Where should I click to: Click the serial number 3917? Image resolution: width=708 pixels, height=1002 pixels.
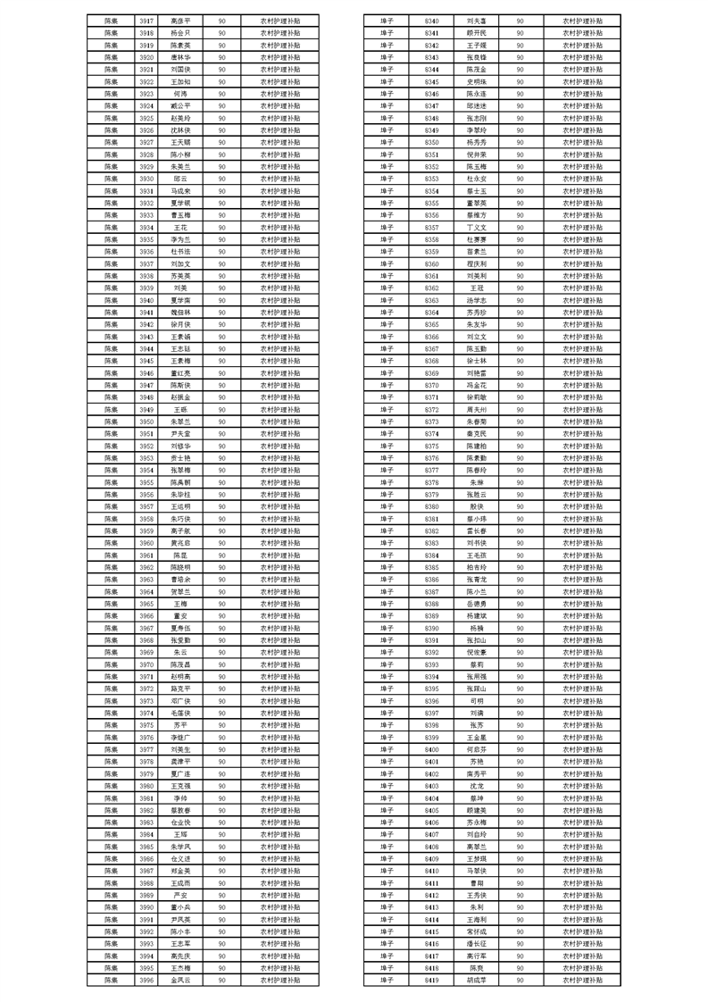[146, 20]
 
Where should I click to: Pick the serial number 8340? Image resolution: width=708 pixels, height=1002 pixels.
[432, 20]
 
